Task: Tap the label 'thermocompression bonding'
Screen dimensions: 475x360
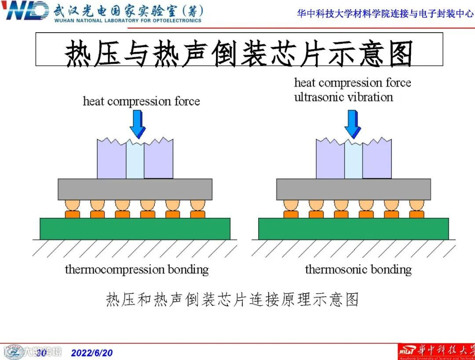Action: tap(137, 269)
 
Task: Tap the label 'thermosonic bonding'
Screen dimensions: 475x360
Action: tap(358, 269)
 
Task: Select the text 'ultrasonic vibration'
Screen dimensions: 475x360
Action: tap(343, 97)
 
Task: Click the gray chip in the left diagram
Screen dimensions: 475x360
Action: tap(135, 189)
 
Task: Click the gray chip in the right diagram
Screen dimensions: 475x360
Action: tap(354, 189)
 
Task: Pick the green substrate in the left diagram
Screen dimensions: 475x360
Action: tap(135, 228)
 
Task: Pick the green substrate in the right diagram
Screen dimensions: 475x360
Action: tap(353, 228)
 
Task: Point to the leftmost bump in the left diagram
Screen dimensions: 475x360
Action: tap(72, 209)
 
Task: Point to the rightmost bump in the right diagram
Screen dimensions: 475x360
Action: tap(417, 209)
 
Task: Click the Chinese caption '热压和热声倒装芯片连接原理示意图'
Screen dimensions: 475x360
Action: tap(233, 299)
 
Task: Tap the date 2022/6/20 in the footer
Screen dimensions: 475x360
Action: tap(92, 353)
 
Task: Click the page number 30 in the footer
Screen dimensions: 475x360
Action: tap(41, 353)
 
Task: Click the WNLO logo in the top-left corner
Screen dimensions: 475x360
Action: tap(26, 11)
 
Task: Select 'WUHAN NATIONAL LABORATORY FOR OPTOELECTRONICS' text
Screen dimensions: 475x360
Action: tap(128, 20)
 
